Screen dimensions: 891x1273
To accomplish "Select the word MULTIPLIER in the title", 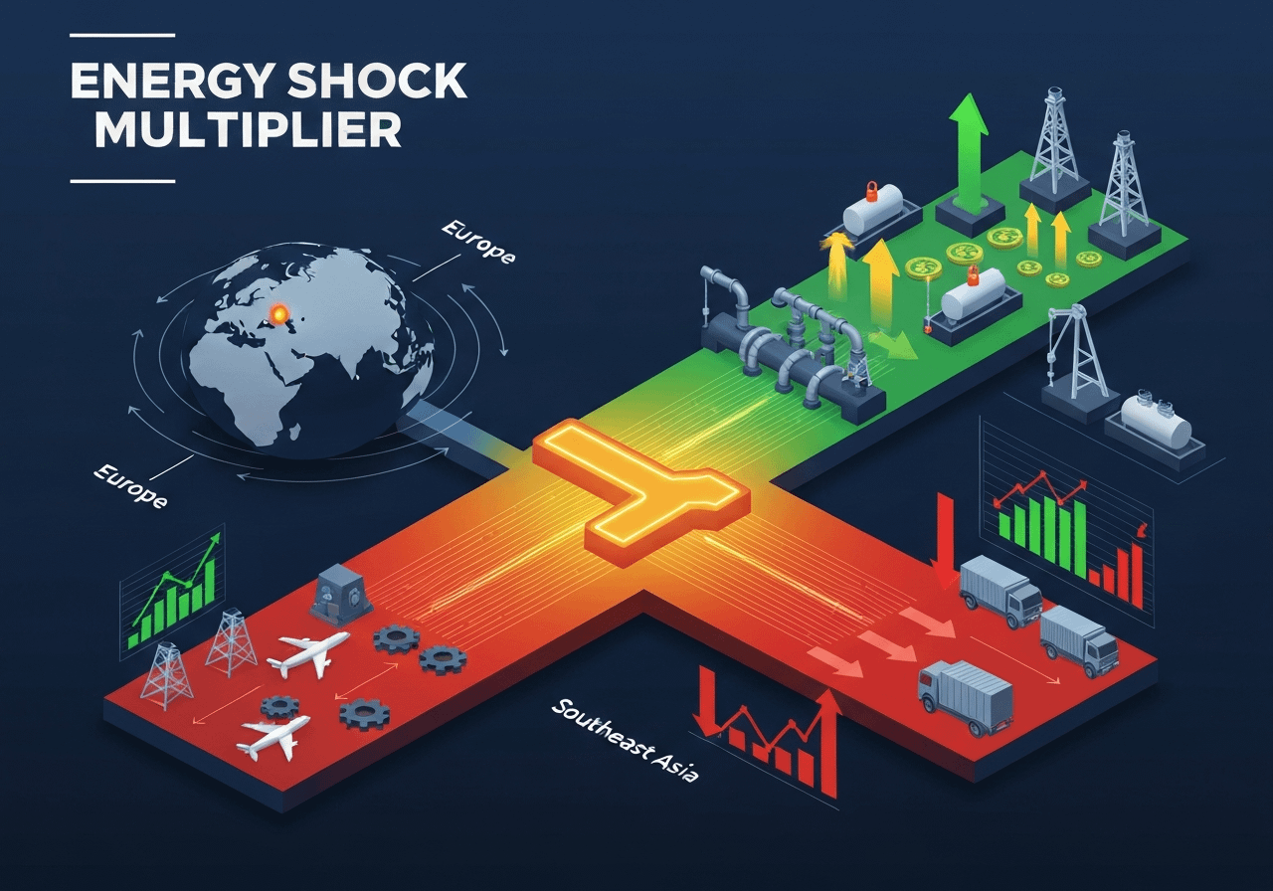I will pos(249,132).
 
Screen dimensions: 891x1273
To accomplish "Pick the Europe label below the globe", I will pos(128,486).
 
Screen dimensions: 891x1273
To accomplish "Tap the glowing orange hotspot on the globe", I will pos(281,314).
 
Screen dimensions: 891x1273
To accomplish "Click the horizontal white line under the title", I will pos(122,181).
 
